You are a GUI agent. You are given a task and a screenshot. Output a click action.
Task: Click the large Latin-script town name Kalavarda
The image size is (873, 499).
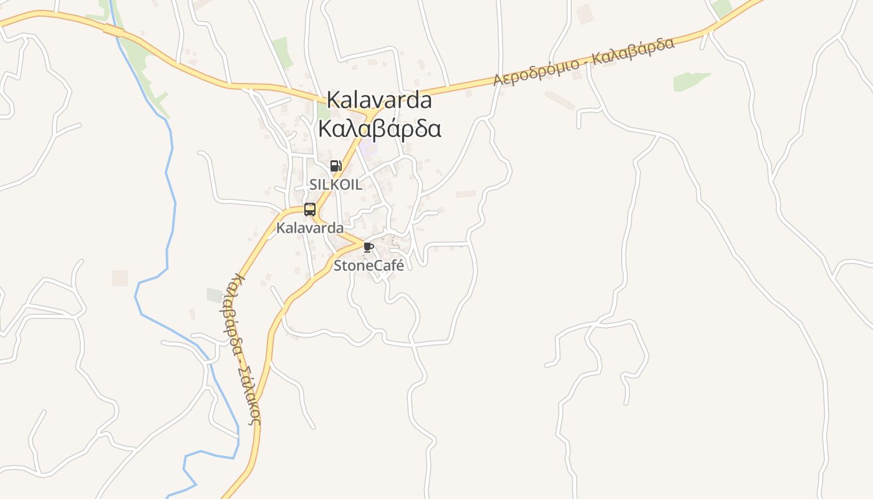(x=379, y=100)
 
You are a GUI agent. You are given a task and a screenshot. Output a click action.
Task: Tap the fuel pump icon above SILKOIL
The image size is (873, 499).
(x=335, y=166)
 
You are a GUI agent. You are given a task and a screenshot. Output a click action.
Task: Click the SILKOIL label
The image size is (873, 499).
(x=335, y=185)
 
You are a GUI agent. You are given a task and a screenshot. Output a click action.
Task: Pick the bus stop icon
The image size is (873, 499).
(x=310, y=210)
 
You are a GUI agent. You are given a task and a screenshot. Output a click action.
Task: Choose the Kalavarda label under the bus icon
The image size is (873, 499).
(x=310, y=228)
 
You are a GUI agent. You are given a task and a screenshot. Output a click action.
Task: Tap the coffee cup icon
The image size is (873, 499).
(x=368, y=248)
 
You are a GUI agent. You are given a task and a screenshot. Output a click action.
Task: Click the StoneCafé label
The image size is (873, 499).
(x=369, y=266)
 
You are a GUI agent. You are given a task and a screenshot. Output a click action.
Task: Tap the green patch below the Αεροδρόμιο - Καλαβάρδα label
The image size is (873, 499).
(x=690, y=81)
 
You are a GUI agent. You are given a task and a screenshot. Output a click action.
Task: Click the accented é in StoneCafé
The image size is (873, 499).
(x=400, y=266)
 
